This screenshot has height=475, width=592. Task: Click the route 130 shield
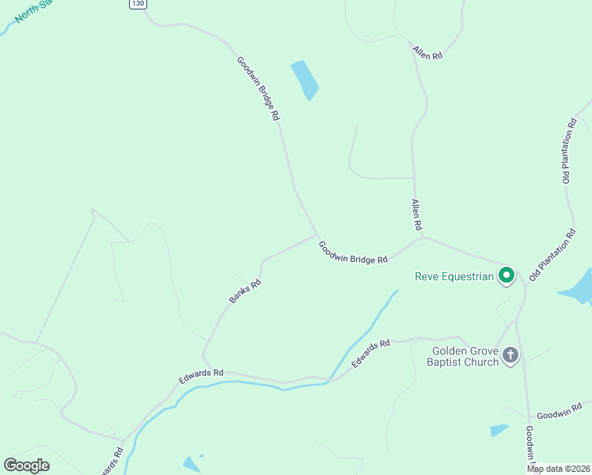coord(139,4)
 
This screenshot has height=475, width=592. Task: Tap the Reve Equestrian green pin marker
coord(507,276)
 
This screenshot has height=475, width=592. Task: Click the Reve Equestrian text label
coord(455,276)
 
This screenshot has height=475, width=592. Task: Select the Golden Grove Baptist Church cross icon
coord(510,355)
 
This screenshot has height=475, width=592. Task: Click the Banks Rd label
coord(245,292)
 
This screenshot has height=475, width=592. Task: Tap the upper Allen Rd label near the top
coord(427,53)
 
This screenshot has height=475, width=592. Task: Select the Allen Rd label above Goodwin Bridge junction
coord(416,215)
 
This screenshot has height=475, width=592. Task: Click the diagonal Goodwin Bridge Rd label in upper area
coord(258,88)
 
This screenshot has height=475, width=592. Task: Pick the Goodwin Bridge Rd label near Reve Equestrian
coord(353,253)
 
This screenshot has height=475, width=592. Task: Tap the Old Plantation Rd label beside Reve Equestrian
coord(552,256)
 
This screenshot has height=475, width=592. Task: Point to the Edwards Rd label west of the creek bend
coord(201,377)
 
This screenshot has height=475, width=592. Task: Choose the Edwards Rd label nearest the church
coord(371,353)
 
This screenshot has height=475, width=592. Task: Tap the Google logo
coord(27,465)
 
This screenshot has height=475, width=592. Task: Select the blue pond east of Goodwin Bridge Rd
coord(305,80)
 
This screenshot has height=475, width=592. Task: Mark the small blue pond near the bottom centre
coord(192,464)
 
